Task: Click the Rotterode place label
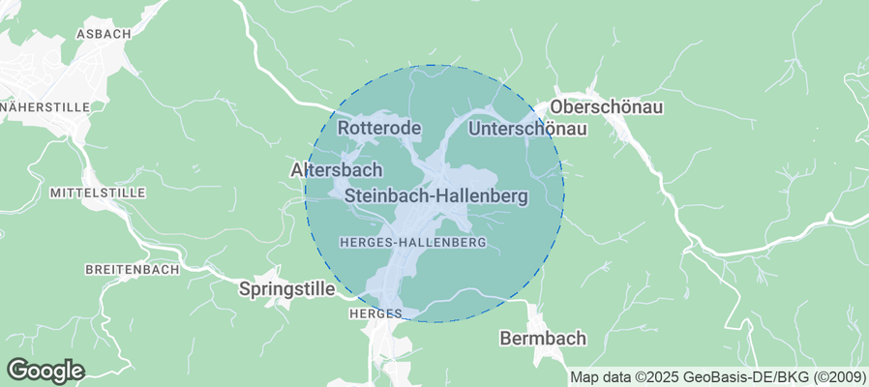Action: tap(379, 129)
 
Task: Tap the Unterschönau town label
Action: tap(527, 129)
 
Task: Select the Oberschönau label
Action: tap(606, 107)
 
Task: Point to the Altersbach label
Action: tap(329, 169)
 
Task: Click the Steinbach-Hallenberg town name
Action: tap(436, 196)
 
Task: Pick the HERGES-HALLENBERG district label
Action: tap(413, 241)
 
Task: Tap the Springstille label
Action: tap(286, 288)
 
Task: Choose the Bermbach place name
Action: tap(543, 339)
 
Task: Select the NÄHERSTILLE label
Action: tap(45, 106)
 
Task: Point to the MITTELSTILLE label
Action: tap(97, 193)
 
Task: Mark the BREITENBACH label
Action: tap(132, 270)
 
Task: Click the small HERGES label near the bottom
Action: tap(369, 314)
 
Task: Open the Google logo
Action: tap(45, 370)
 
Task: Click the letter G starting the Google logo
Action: tap(17, 370)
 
